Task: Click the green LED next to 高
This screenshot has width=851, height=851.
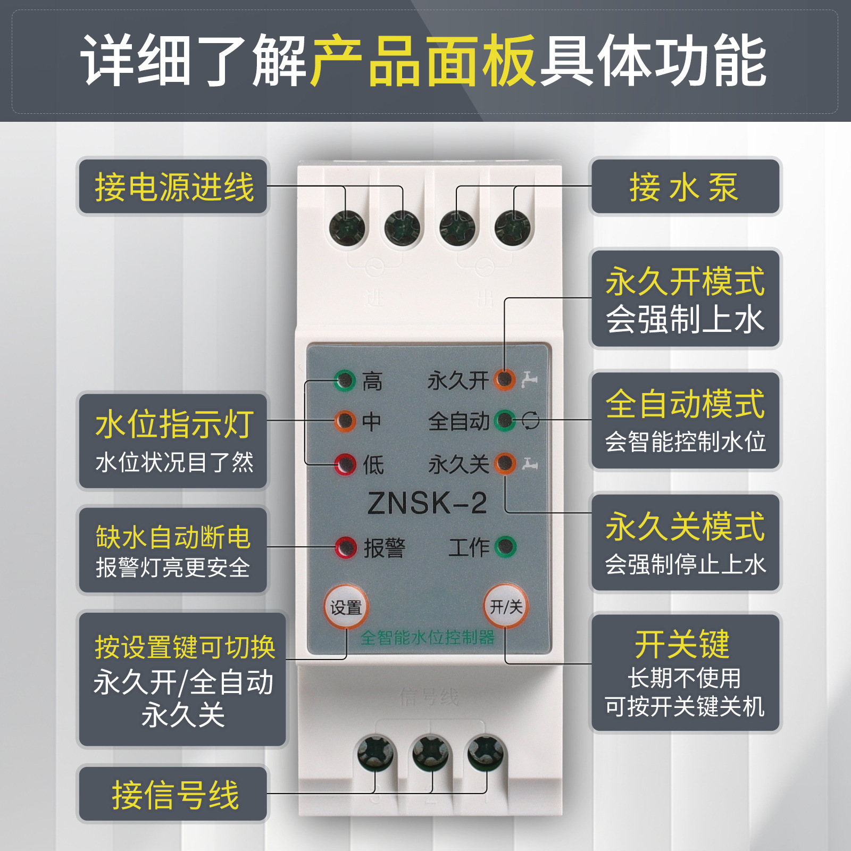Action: pyautogui.click(x=345, y=380)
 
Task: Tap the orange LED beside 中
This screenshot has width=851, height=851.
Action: pyautogui.click(x=345, y=421)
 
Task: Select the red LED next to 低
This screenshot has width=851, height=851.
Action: pyautogui.click(x=345, y=464)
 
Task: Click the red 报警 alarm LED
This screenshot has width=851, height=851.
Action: pyautogui.click(x=346, y=547)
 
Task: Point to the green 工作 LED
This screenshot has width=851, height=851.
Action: pyautogui.click(x=505, y=546)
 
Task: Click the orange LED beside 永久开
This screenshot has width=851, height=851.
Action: pyautogui.click(x=504, y=380)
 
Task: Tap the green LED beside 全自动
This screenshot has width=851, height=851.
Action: pyautogui.click(x=505, y=421)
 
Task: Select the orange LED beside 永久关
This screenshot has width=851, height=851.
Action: pyautogui.click(x=505, y=463)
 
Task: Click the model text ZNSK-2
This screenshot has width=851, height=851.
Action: pyautogui.click(x=427, y=503)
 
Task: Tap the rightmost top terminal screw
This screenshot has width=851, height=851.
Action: pyautogui.click(x=512, y=228)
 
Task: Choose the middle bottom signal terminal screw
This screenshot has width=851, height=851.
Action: pyautogui.click(x=431, y=753)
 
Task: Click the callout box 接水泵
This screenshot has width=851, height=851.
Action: pyautogui.click(x=685, y=187)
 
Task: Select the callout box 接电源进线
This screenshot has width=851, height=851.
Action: pyautogui.click(x=173, y=187)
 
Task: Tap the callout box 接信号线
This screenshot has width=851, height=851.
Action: pyautogui.click(x=173, y=795)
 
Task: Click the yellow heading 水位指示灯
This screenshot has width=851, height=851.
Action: pyautogui.click(x=173, y=424)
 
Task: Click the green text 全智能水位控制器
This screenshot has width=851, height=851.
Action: pyautogui.click(x=427, y=637)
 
